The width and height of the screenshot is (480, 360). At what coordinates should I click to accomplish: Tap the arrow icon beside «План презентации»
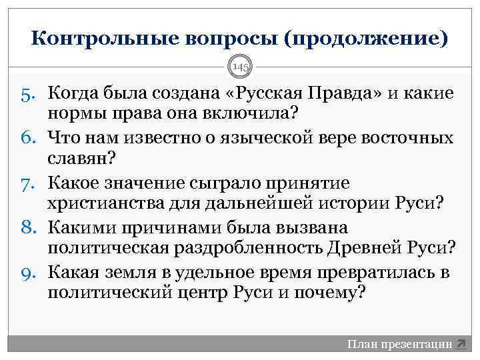(461, 344)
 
